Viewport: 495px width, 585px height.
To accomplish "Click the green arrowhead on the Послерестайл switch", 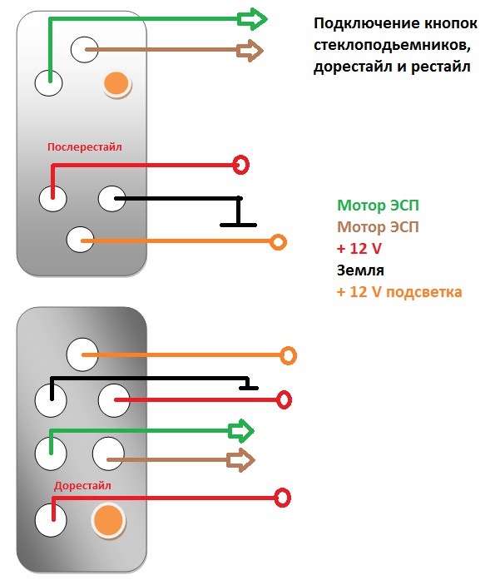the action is click(253, 18).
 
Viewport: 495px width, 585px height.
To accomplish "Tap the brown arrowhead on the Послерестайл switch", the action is click(250, 51).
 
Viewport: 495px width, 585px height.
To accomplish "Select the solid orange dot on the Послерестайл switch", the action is click(116, 83).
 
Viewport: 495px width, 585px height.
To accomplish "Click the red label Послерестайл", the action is click(85, 147).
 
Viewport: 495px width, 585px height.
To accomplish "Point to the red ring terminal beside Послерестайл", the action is click(241, 165).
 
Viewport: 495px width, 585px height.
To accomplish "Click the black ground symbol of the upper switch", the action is click(239, 212).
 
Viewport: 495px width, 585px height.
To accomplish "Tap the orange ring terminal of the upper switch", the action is click(278, 242).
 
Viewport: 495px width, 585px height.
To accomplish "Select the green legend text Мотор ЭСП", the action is click(378, 206).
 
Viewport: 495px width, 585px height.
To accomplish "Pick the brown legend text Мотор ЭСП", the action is click(378, 227).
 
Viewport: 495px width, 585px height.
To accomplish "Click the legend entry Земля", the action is click(360, 270).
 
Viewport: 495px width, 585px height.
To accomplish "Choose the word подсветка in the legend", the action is click(423, 292).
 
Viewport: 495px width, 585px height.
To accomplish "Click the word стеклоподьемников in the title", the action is click(390, 46).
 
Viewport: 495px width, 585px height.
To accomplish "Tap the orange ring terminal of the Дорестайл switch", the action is click(288, 355).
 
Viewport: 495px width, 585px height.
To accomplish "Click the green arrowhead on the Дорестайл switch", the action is click(241, 431).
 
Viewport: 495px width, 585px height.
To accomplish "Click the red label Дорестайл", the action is click(82, 486).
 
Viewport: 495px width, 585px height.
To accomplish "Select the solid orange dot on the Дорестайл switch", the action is click(108, 520).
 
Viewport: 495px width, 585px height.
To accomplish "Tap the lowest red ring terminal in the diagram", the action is click(282, 498).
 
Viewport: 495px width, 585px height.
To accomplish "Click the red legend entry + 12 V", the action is click(359, 249).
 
